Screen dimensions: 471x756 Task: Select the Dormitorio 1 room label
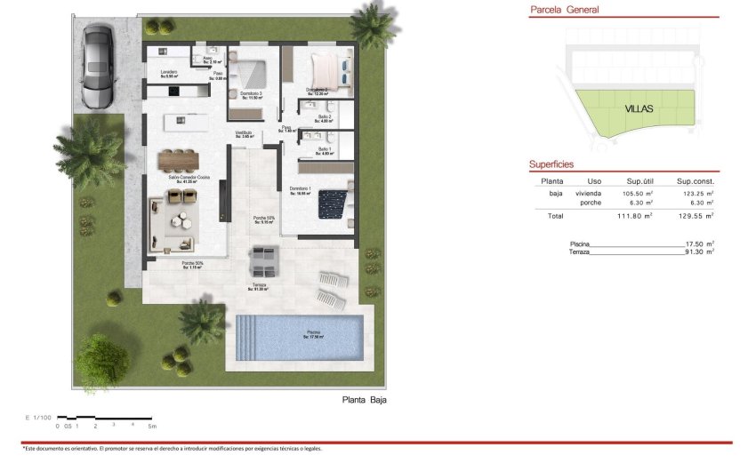[300, 189]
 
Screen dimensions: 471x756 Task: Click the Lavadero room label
[169, 73]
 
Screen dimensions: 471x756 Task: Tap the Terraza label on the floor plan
[259, 285]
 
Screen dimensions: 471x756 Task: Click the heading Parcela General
[564, 11]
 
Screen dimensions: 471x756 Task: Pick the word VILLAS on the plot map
[639, 108]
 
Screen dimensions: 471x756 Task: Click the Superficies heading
[551, 164]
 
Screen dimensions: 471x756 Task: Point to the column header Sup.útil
[640, 180]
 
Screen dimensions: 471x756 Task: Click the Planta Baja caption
[365, 400]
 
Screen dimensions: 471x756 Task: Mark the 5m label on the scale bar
[152, 427]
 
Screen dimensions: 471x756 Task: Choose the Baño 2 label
[324, 117]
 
